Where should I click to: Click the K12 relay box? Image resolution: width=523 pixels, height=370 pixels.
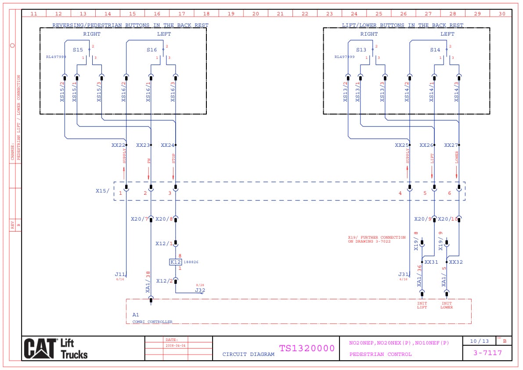point(175,262)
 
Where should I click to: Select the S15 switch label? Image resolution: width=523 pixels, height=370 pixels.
point(78,50)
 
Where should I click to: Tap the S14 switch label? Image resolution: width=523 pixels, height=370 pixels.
point(435,50)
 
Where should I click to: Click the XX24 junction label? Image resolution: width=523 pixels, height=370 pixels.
point(167,145)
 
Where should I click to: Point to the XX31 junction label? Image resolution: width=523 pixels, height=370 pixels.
point(431,262)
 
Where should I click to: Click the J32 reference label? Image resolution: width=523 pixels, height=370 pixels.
point(200,290)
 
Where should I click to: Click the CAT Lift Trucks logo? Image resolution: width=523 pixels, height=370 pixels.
point(56,348)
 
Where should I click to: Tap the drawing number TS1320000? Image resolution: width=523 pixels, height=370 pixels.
point(307,348)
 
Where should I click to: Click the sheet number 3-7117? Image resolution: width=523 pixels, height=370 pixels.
point(487,352)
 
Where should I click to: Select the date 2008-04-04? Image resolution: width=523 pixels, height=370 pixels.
point(176,345)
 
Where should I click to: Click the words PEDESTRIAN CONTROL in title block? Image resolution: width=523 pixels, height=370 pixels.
point(381,354)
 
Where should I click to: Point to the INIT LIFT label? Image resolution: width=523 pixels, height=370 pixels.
point(422,305)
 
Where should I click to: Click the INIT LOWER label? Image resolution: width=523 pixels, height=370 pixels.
point(447,305)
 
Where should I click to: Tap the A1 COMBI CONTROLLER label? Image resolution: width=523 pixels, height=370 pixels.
point(152,321)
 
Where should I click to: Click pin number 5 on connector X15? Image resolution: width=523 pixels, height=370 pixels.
point(425,193)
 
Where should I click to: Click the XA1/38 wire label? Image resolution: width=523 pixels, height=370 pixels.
point(148,282)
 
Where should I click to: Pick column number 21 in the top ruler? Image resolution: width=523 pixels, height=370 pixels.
point(280,14)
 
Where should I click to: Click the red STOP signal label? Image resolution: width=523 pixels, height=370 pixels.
point(173,159)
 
